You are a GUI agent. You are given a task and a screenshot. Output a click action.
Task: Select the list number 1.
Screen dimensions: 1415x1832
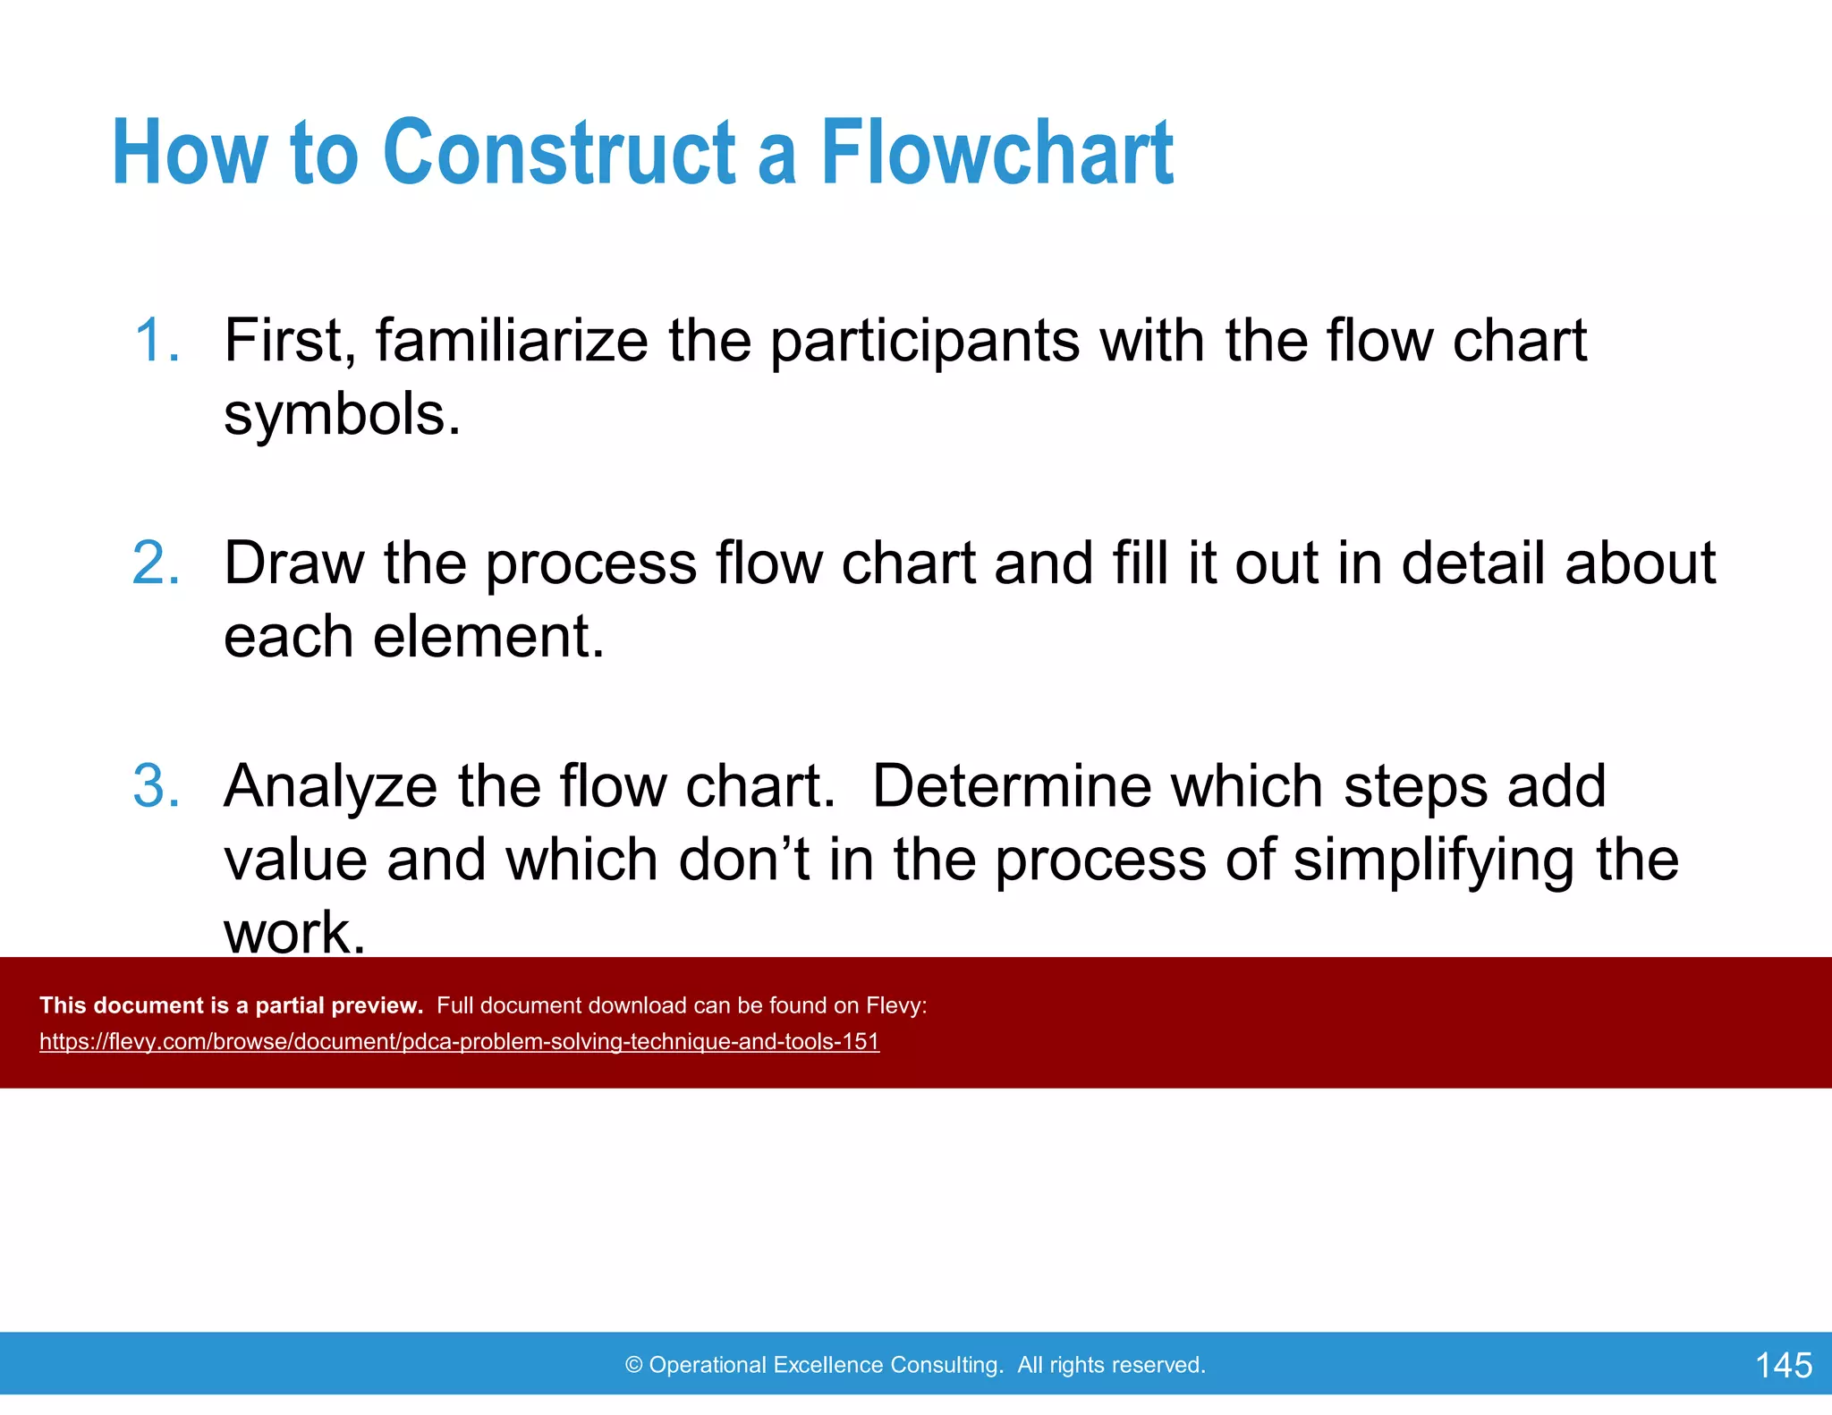[157, 341]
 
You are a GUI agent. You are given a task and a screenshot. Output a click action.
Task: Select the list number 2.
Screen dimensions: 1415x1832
[157, 563]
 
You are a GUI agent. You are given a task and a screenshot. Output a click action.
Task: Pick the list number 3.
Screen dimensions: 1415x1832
[157, 786]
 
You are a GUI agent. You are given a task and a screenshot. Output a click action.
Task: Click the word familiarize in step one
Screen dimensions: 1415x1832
[511, 341]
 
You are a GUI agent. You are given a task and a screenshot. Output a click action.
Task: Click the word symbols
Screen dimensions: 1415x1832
[341, 415]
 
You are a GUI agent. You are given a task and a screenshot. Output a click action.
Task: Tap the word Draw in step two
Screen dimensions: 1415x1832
[293, 563]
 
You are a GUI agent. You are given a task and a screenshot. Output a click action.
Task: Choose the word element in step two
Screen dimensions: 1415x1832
[488, 637]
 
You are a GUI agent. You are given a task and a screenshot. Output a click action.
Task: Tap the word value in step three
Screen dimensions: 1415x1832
[295, 860]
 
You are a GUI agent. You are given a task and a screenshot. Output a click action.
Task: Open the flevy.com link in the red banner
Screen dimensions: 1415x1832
[459, 1042]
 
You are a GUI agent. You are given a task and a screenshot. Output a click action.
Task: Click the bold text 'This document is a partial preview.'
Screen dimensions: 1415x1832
[231, 1005]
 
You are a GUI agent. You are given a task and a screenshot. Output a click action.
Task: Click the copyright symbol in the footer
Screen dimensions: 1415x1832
[633, 1365]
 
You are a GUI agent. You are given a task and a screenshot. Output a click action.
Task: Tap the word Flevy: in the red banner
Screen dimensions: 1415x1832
[896, 1005]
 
